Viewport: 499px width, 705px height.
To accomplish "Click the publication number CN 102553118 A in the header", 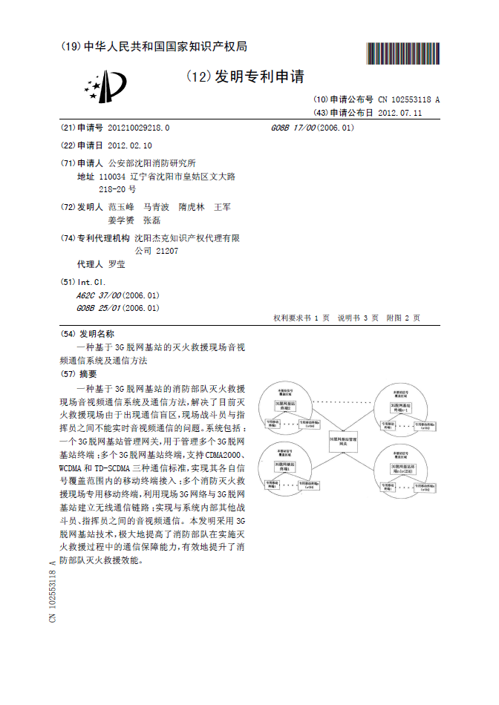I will (x=408, y=99).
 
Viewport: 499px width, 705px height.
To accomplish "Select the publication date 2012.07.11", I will (x=399, y=113).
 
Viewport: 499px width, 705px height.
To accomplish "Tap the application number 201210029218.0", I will (x=139, y=128).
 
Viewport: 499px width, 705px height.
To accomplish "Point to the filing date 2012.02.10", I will (x=130, y=145).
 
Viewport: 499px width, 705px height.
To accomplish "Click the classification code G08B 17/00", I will (x=294, y=128).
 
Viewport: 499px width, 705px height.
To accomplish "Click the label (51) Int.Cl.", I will (x=82, y=283).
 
